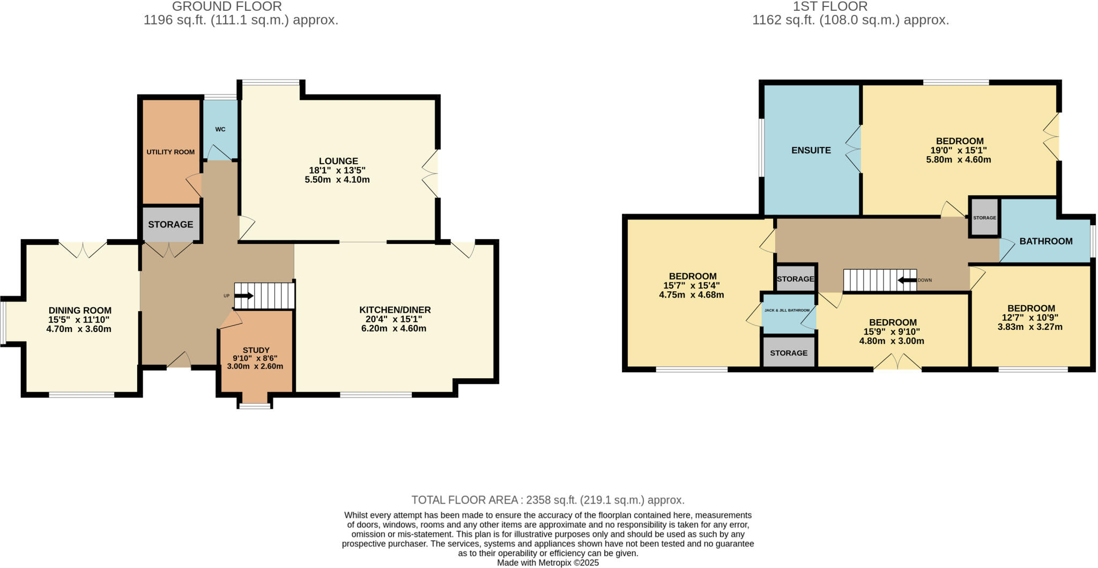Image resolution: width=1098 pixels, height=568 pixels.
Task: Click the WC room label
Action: [220, 129]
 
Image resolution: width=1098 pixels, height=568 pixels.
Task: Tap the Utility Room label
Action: [170, 152]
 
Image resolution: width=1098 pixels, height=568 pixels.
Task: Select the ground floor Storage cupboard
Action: [170, 224]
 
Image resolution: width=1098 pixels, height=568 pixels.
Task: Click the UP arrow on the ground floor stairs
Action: [244, 296]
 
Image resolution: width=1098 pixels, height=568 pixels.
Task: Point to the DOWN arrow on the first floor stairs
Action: [907, 280]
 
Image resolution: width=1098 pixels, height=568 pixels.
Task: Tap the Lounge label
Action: [338, 161]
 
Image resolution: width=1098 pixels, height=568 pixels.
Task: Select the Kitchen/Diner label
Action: [395, 310]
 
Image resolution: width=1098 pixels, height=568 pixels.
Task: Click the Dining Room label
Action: [80, 311]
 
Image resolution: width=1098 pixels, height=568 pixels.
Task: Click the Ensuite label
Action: [811, 150]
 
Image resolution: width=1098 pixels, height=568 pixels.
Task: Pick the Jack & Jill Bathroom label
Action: [787, 310]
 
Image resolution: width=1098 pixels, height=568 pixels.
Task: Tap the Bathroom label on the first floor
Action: [1045, 241]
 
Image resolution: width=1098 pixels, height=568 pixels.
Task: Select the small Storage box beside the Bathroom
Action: [984, 218]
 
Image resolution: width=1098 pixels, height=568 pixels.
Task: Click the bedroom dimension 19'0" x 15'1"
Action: [959, 151]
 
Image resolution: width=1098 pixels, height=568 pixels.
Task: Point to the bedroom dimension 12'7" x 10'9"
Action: [1031, 317]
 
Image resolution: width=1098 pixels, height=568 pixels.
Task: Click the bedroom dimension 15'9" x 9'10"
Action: [893, 331]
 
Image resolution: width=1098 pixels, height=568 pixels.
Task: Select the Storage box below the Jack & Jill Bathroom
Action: [789, 353]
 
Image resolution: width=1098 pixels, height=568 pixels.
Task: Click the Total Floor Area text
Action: [547, 500]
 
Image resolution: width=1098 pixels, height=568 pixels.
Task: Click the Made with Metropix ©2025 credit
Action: [547, 563]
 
